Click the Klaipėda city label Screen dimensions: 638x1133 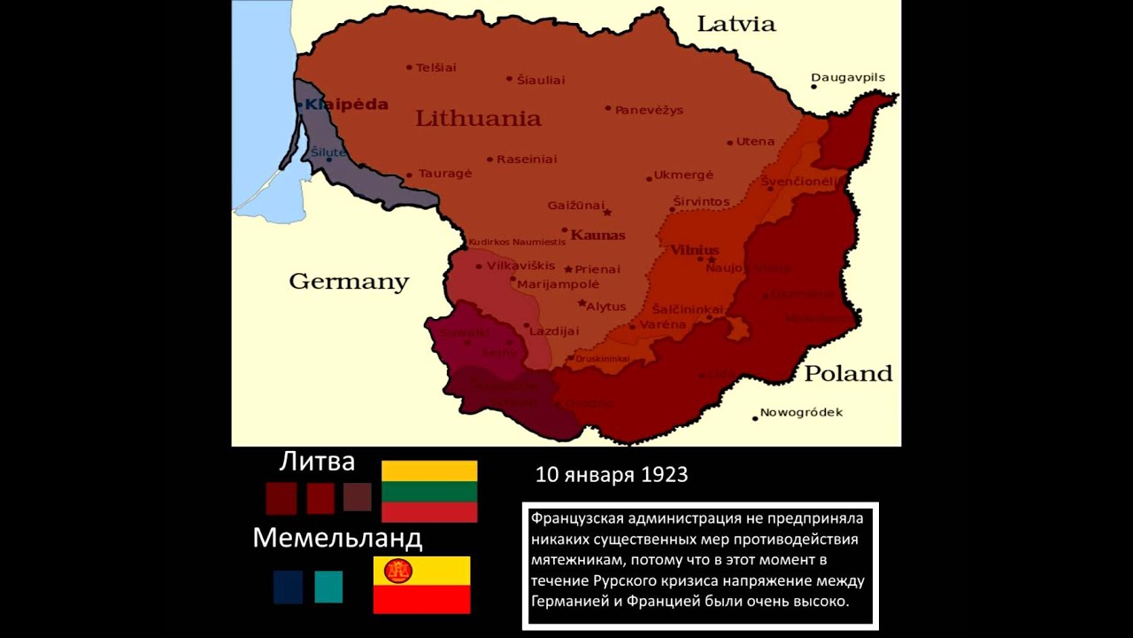pos(346,105)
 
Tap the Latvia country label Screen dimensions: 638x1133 pos(736,24)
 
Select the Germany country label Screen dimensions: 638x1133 pos(349,282)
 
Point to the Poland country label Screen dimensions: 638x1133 pos(847,373)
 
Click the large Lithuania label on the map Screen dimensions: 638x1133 pos(478,119)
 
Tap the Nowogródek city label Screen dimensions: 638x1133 pos(802,412)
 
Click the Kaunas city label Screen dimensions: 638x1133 pos(597,236)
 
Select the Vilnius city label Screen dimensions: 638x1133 pos(694,251)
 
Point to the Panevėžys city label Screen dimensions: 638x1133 pos(649,110)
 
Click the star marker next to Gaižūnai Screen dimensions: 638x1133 pos(606,213)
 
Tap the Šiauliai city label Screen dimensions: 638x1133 pos(540,80)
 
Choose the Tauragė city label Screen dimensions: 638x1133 pos(444,174)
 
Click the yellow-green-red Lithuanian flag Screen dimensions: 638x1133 pos(429,491)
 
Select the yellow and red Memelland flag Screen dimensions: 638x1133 pos(421,585)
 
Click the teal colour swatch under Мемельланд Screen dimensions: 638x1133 pos(328,587)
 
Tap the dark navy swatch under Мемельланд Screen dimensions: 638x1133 pos(288,587)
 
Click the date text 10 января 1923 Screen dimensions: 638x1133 pos(612,475)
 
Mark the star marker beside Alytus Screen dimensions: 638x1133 pos(582,303)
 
